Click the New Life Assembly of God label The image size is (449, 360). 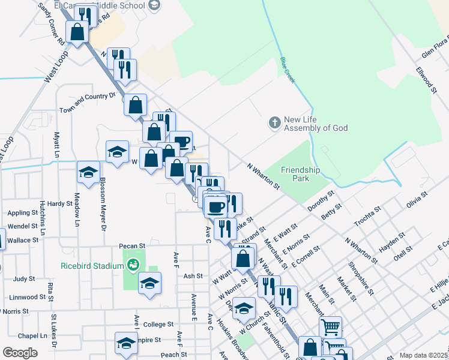click(x=315, y=124)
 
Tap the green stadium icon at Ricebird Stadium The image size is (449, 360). click(x=133, y=263)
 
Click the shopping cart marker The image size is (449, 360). click(x=330, y=327)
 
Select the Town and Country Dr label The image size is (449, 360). click(x=87, y=103)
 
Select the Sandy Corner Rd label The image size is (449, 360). click(x=50, y=25)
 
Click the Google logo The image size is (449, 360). click(x=20, y=353)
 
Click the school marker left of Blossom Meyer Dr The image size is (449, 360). click(x=88, y=173)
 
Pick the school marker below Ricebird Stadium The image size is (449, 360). click(x=149, y=284)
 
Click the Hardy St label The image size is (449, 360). click(x=61, y=203)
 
